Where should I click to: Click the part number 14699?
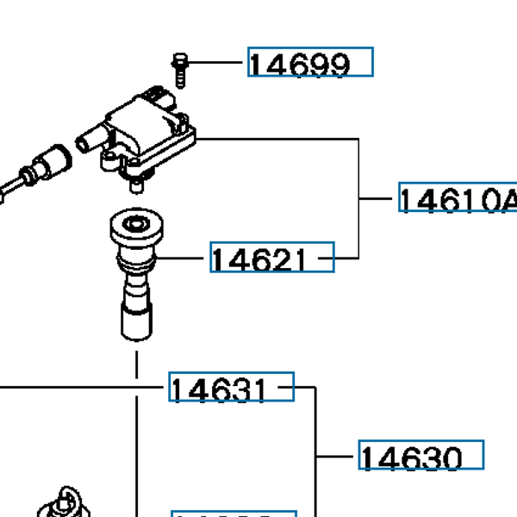(310, 63)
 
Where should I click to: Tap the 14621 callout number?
(271, 258)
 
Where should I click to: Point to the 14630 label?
(420, 456)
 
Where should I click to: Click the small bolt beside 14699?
(179, 68)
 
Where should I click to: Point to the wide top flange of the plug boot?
(136, 231)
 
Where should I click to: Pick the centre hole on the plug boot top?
(136, 227)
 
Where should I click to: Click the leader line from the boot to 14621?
(183, 258)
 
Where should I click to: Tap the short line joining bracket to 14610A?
(378, 199)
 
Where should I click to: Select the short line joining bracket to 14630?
(337, 456)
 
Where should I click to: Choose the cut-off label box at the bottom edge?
(234, 513)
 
